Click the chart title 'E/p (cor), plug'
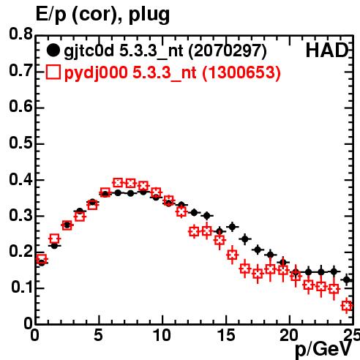pos(102,14)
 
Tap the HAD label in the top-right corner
pos(327,50)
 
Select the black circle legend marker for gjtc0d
pos(53,50)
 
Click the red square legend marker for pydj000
pos(53,72)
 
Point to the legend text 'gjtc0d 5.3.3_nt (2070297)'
pos(165,51)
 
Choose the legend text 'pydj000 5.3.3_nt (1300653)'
pos(173,73)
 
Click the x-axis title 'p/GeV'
pos(323,349)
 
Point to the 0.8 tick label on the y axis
pos(20,34)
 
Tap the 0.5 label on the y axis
pos(20,143)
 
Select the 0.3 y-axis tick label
pos(20,215)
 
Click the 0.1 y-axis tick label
pos(22,288)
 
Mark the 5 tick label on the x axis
pos(99,335)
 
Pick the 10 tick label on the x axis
pos(162,335)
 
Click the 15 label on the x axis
pos(226,335)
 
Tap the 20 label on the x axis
pos(289,335)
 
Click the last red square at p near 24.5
pos(347,306)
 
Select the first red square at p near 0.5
pos(42,259)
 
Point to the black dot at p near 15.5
pos(232,227)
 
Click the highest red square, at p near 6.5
pos(118,182)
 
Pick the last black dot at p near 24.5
pos(347,280)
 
